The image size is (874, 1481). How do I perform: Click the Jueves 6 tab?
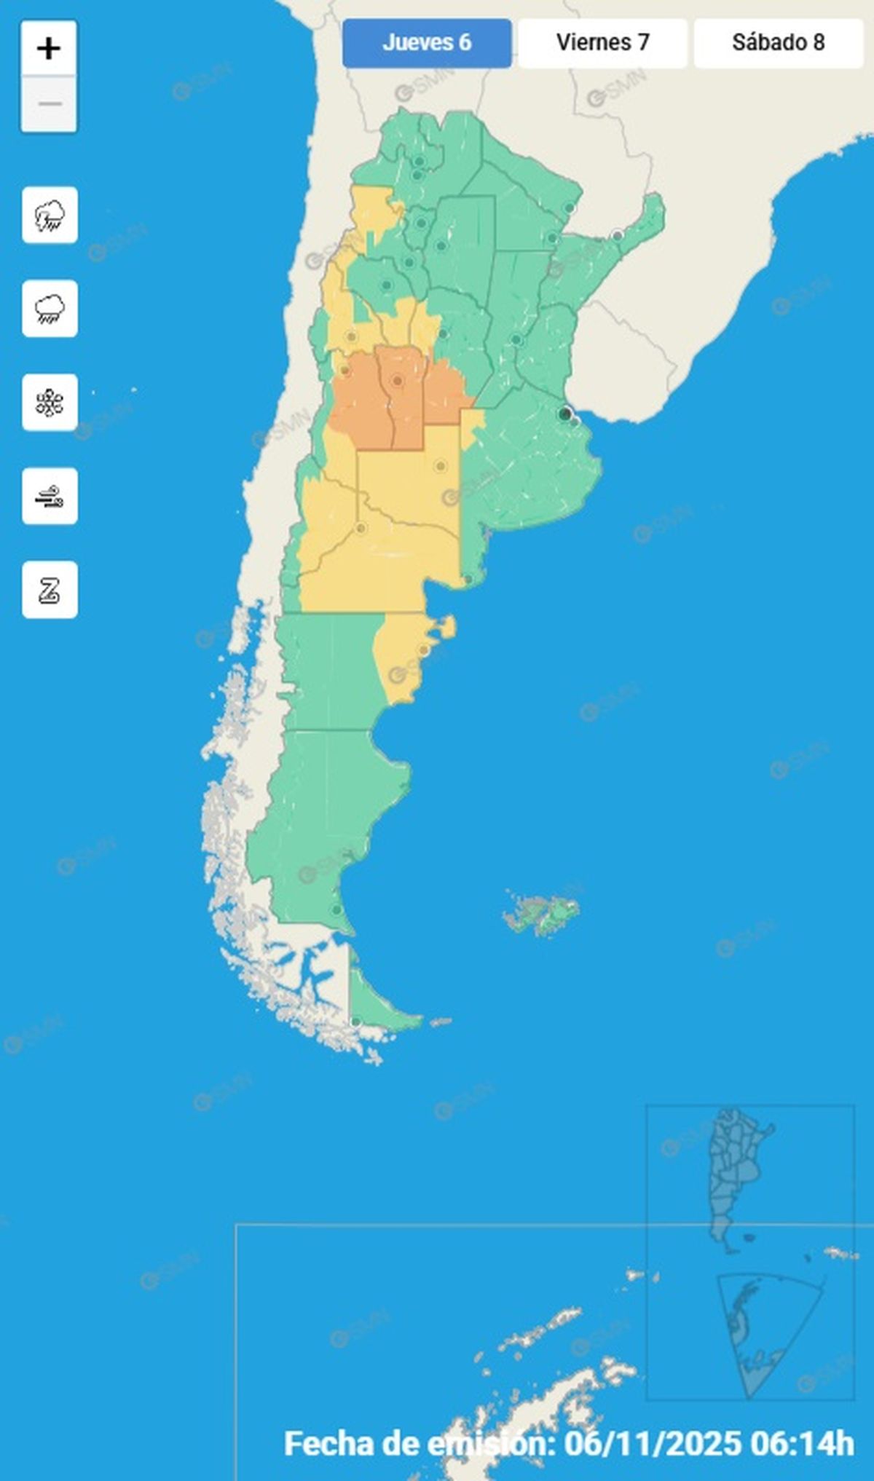click(x=427, y=43)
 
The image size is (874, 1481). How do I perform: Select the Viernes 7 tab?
click(x=602, y=43)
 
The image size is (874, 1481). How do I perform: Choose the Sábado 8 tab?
click(x=778, y=43)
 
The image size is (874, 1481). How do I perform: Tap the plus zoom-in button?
click(x=49, y=49)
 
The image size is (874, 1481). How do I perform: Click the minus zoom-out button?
click(x=49, y=104)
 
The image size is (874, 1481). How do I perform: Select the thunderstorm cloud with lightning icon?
click(x=50, y=216)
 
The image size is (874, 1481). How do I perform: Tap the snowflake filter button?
click(x=50, y=403)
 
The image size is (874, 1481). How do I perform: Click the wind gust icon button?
click(x=50, y=497)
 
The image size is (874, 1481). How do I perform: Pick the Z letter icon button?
click(x=50, y=590)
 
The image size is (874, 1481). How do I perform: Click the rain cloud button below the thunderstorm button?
click(x=50, y=309)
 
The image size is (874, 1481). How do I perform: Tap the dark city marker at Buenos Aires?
click(x=564, y=414)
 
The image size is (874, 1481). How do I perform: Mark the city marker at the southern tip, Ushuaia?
click(x=355, y=1022)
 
